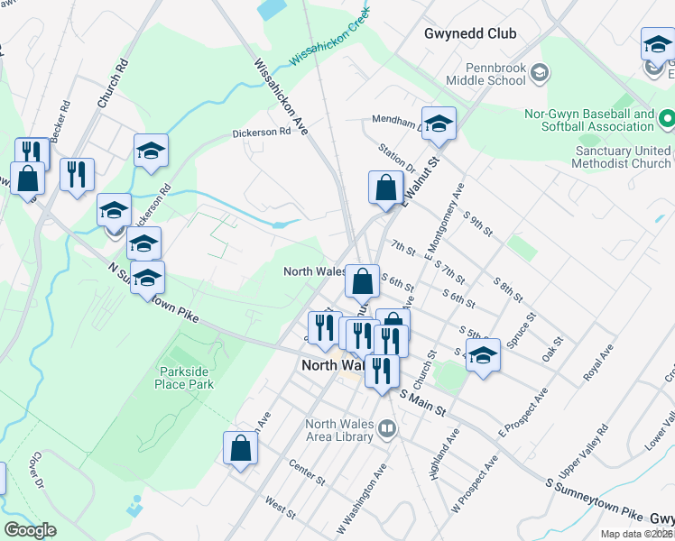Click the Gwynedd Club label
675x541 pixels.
click(470, 33)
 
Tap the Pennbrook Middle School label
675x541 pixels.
click(495, 74)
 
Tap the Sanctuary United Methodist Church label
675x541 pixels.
click(623, 157)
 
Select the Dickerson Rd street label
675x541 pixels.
click(262, 131)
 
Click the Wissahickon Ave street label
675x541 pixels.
click(282, 97)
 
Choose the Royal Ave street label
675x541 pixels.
click(598, 361)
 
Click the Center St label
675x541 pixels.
click(306, 467)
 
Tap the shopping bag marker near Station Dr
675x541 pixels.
click(385, 189)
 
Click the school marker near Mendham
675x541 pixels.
click(439, 124)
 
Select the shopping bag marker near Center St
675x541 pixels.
click(241, 449)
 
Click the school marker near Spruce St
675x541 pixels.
click(483, 356)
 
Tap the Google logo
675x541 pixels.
click(30, 530)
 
